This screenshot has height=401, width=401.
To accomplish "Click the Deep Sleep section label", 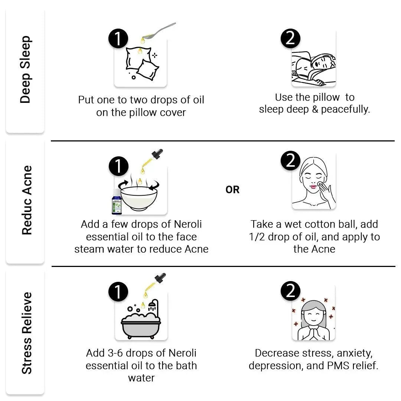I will [x=25, y=70].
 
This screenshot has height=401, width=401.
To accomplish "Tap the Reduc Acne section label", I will [x=27, y=200].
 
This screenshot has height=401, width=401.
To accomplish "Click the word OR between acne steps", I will [x=232, y=190].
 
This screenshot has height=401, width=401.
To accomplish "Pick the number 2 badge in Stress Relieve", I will [x=290, y=291].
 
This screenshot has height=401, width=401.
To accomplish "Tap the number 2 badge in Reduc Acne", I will [x=290, y=160].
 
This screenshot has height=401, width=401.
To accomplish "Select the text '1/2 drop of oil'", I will [x=286, y=237].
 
